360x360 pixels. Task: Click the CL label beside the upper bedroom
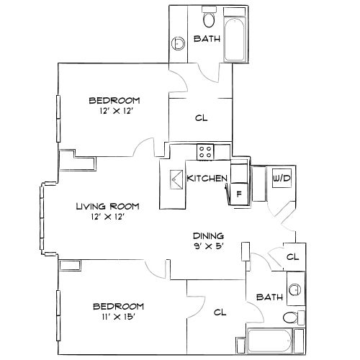[x=201, y=119]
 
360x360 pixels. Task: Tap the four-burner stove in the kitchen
[x=205, y=152]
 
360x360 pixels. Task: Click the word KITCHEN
[x=207, y=179]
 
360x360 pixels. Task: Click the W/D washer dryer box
[x=280, y=178]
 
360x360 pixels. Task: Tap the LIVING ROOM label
[x=108, y=206]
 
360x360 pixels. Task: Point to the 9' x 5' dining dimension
[x=209, y=246]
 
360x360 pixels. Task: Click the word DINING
[x=209, y=235]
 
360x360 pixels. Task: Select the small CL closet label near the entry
[x=292, y=256]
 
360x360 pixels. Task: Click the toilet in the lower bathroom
[x=290, y=318]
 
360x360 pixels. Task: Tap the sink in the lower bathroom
[x=293, y=290]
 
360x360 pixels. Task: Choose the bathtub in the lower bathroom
[x=270, y=338]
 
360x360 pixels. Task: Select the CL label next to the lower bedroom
[x=221, y=312]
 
